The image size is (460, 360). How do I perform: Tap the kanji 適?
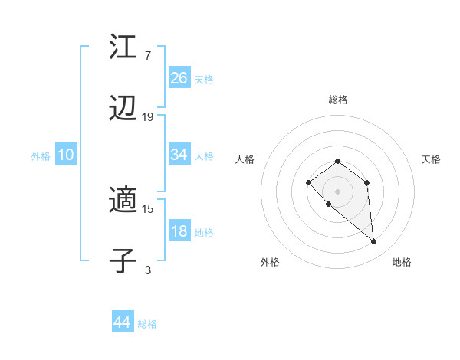(123, 201)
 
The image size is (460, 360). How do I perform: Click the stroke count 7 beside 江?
(148, 55)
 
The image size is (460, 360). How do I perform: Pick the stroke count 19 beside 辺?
(148, 117)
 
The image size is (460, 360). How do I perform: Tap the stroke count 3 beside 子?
(148, 270)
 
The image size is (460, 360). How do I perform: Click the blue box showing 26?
(179, 77)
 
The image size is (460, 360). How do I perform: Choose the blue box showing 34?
(179, 155)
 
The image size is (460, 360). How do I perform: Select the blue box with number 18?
(179, 231)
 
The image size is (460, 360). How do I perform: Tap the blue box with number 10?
(66, 155)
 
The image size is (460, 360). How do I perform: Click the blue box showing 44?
(122, 322)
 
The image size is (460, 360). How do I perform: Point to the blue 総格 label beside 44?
(147, 324)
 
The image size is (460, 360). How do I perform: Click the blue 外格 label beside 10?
(41, 155)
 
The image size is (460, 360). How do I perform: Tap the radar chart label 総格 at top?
(337, 100)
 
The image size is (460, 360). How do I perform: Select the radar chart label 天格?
(431, 159)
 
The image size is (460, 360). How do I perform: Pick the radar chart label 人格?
(245, 159)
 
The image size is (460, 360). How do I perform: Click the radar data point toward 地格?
(374, 242)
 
